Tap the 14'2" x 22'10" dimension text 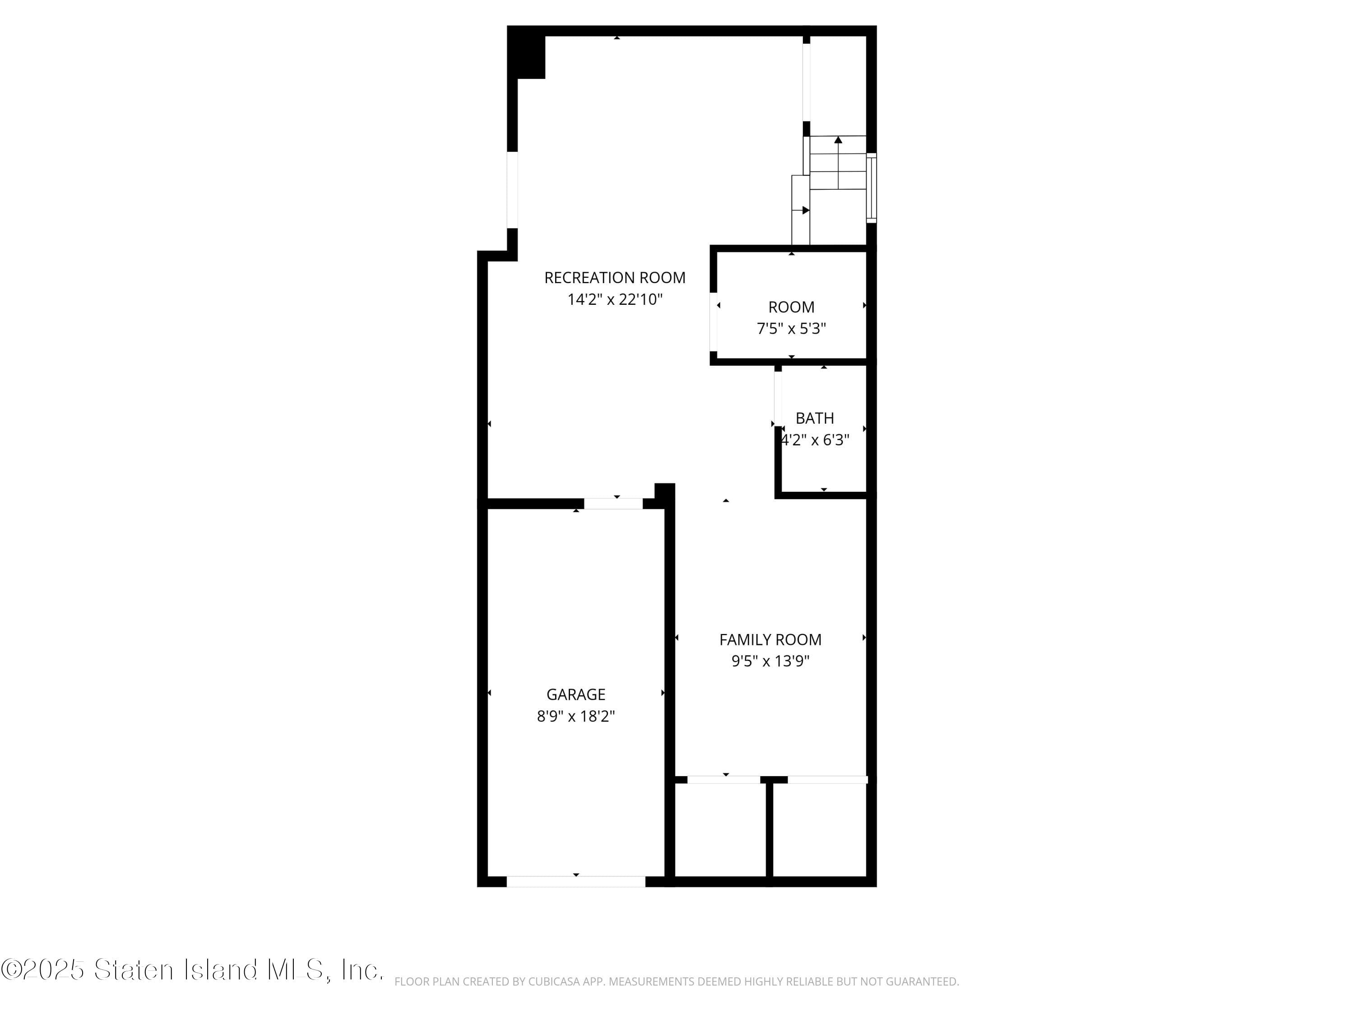[x=615, y=299]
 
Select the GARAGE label [x=575, y=694]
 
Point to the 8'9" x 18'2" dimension [x=575, y=716]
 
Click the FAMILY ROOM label [x=770, y=639]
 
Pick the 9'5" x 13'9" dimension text [x=770, y=661]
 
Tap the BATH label [x=814, y=418]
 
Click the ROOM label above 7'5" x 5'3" [x=791, y=307]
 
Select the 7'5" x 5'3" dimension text [x=791, y=329]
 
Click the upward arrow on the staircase [x=838, y=141]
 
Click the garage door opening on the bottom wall [x=575, y=881]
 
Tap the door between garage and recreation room [x=613, y=503]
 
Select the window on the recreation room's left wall [x=512, y=190]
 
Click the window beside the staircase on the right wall [x=871, y=187]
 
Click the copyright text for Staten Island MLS [x=192, y=970]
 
